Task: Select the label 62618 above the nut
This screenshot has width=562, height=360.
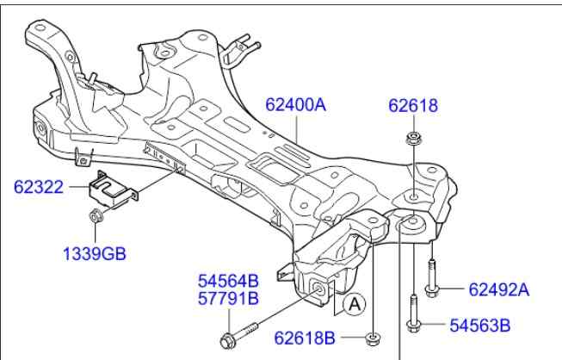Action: (413, 107)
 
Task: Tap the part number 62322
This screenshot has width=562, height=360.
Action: (39, 186)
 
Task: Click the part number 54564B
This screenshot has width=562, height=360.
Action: (228, 281)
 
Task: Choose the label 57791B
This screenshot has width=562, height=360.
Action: (228, 299)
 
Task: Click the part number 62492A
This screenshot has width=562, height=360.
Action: (499, 289)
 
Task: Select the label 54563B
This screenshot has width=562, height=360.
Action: (481, 325)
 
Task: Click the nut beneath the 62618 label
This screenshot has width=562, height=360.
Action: (412, 140)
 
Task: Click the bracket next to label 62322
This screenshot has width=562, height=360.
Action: (114, 190)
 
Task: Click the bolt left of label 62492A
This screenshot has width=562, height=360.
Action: (431, 280)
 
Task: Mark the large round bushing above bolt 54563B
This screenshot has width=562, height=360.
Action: (412, 226)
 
